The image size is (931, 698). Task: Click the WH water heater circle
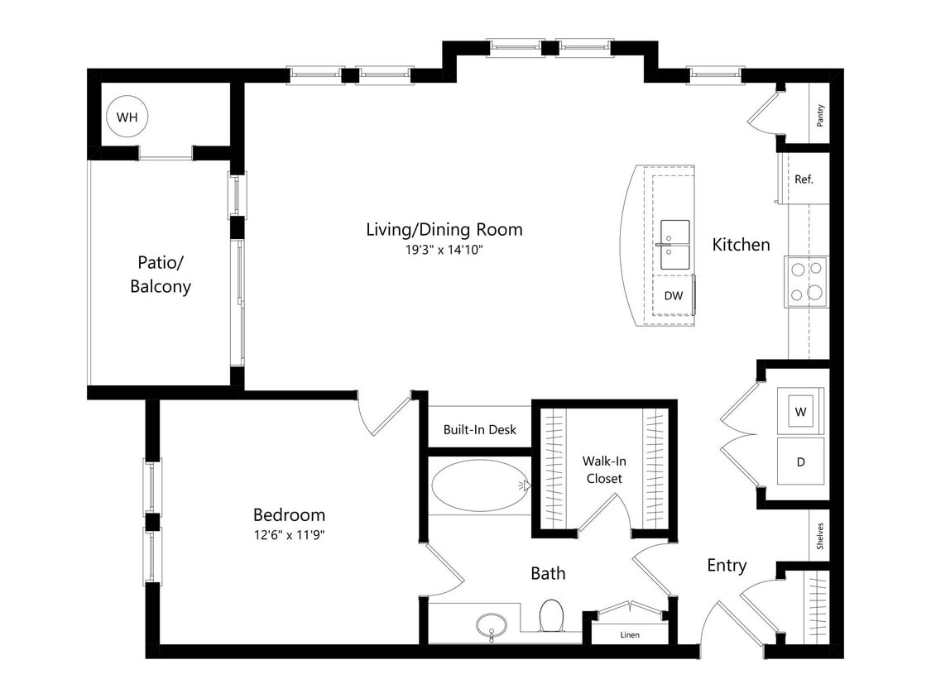coord(127,117)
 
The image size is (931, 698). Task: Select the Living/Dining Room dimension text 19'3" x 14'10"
coord(444,249)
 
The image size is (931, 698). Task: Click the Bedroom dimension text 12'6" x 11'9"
coord(289,534)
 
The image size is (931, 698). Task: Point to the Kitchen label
coord(741,244)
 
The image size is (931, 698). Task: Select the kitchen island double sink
coord(674,245)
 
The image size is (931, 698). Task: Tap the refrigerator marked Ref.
coord(804,179)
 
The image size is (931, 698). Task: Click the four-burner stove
coord(806,281)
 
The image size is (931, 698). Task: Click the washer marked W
coord(800,411)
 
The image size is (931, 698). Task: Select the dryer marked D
coord(800,462)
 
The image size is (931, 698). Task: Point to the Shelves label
coord(819,536)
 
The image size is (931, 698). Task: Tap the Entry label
coord(727,565)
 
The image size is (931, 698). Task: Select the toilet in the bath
coord(551,616)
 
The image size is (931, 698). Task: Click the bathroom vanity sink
coord(492,624)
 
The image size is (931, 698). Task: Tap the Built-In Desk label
coord(479,429)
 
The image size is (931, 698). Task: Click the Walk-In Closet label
coord(602,470)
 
